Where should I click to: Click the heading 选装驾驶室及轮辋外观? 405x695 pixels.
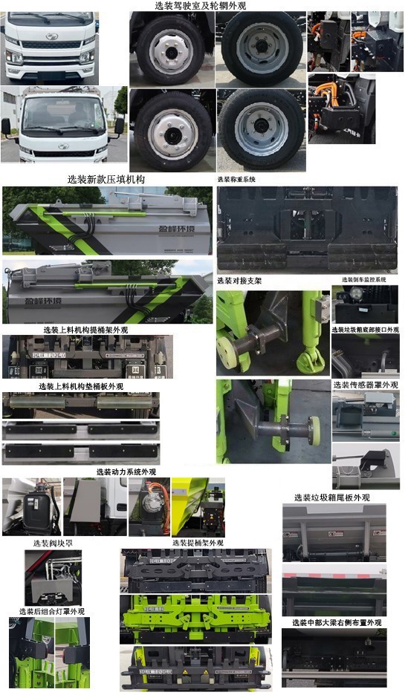201,5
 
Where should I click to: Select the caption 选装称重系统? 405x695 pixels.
236,180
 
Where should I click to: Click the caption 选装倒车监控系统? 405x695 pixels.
364,280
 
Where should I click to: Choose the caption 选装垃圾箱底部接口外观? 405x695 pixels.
365,329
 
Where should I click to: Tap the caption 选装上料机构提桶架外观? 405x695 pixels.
85,330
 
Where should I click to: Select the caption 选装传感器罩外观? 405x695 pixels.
366,385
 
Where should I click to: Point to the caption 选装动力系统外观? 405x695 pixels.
126,472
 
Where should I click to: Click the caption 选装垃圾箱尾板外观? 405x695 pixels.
331,497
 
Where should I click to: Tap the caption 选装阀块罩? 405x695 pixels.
53,544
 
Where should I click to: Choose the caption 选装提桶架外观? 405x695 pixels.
198,543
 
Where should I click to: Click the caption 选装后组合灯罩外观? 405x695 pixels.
52,611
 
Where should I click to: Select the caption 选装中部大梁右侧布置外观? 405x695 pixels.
337,622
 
